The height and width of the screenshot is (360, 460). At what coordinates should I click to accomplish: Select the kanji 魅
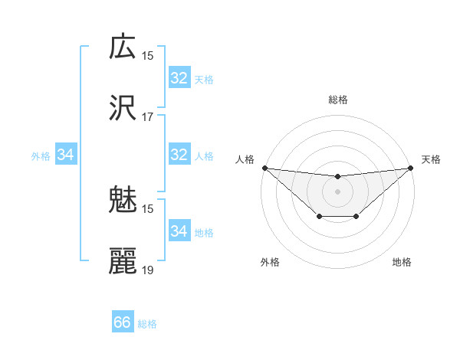point(123,201)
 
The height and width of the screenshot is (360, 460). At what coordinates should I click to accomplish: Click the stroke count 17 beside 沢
point(148,117)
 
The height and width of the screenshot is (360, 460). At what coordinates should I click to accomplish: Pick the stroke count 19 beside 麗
point(148,270)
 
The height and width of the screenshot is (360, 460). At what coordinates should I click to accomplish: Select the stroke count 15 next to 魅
point(148,208)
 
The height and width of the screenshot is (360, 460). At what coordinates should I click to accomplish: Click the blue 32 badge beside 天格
point(179,78)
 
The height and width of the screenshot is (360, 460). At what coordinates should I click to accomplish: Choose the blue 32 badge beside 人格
point(179,155)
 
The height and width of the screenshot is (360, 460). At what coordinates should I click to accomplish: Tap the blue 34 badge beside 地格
point(179,231)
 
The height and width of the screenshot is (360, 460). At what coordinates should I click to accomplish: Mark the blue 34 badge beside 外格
point(66,155)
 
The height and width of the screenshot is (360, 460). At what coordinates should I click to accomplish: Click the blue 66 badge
point(123,322)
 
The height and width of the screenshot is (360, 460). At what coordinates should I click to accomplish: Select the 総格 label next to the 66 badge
point(147,324)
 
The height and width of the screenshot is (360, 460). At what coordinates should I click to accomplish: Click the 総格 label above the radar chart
point(338,100)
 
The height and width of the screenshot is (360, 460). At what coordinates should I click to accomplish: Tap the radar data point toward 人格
point(264,167)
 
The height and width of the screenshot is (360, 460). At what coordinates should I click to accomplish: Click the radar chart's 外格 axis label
point(270,263)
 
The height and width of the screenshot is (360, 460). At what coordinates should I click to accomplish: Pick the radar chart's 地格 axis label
point(402,263)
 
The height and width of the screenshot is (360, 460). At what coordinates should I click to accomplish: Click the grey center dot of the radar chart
point(338,191)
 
